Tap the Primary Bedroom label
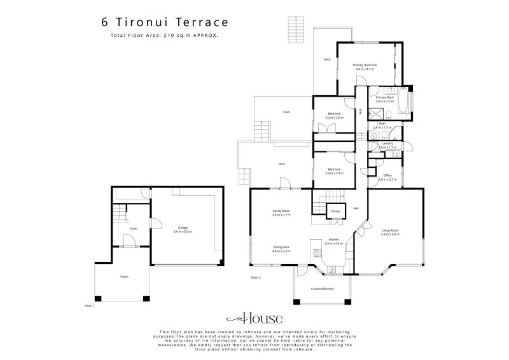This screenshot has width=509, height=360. tap(365, 65)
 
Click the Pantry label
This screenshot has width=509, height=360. tap(335, 211)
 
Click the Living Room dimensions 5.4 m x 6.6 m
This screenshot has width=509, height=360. tap(390, 235)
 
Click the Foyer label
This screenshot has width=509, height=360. tap(134, 228)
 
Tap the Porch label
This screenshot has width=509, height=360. tap(124, 277)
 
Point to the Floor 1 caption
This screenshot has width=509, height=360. tap(89, 306)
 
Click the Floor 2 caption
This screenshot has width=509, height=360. tap(256, 278)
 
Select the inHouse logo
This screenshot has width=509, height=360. tap(254, 319)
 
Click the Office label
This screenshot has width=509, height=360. tap(387, 175)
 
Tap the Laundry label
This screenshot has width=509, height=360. tap(387, 143)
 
